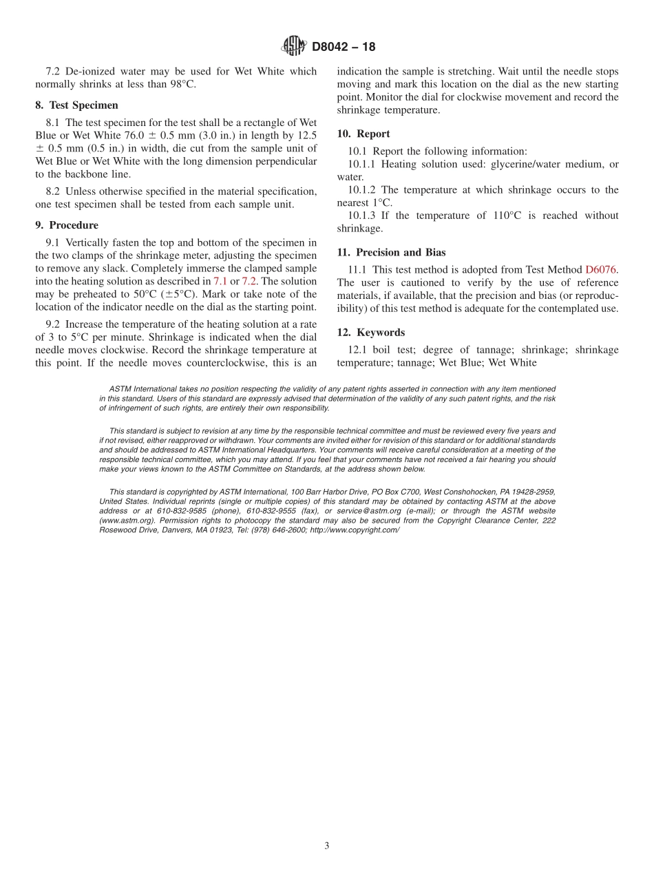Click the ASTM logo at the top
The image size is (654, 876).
click(x=294, y=47)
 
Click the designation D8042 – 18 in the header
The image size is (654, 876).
click(x=344, y=48)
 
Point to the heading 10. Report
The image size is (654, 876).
click(x=363, y=134)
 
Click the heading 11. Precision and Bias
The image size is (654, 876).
click(x=391, y=253)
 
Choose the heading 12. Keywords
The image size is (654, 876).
click(x=371, y=333)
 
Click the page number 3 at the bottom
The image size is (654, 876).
click(x=327, y=846)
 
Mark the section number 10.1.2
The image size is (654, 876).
click(x=362, y=189)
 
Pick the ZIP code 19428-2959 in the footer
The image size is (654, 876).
click(x=531, y=492)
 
